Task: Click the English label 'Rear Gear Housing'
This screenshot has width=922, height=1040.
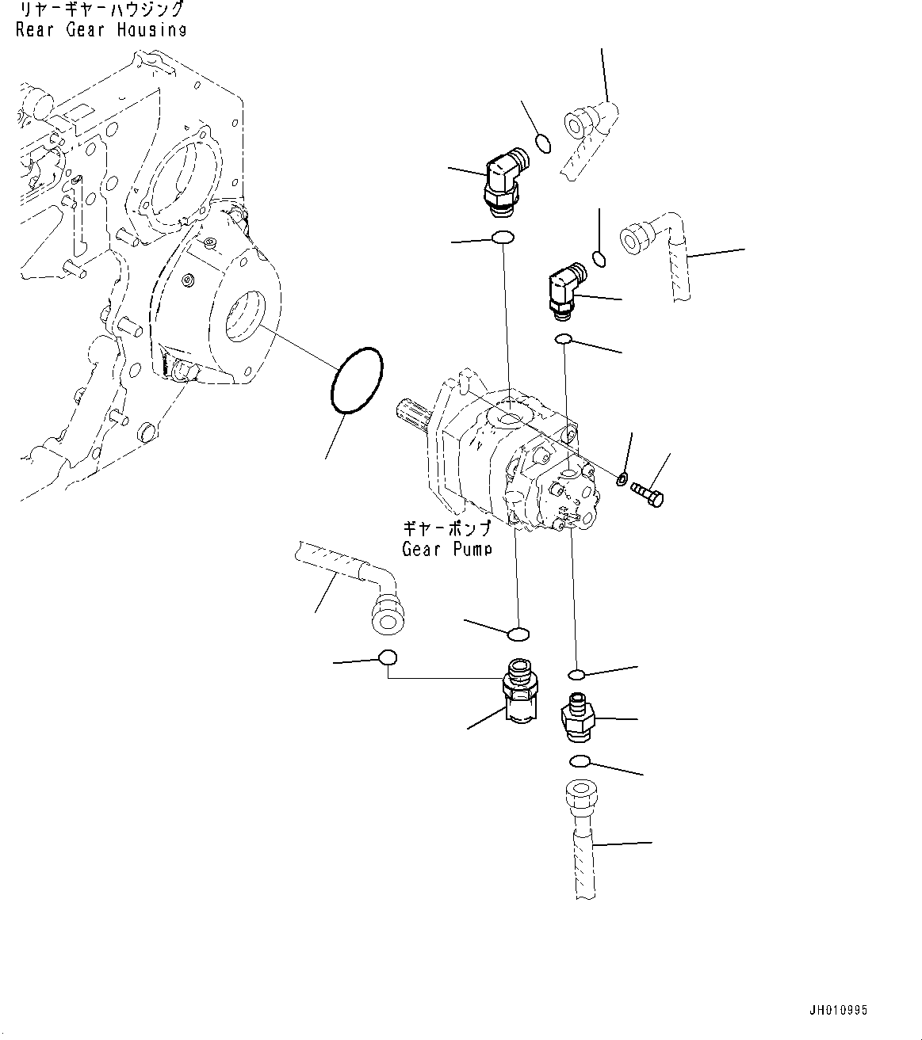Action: tap(101, 31)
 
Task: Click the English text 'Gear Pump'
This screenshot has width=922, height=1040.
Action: tap(446, 549)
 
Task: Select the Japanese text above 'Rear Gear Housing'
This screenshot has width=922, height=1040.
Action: tap(101, 10)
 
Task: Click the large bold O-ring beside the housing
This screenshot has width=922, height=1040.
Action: tap(356, 380)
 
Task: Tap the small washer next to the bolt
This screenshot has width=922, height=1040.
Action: tap(622, 478)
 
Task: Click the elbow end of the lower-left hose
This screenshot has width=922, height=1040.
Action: tap(387, 614)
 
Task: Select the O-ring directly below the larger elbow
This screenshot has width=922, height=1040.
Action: tap(503, 238)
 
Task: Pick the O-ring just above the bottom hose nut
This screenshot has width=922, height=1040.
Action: tap(580, 762)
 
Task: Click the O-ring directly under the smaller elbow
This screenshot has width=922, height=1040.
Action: tap(564, 340)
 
